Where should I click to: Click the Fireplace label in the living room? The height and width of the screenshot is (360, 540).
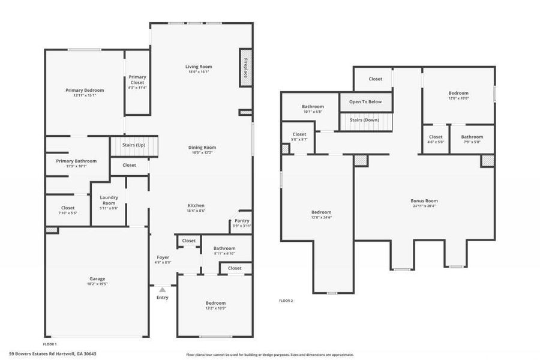[x=245, y=67]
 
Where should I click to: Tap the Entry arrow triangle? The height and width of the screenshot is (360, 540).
[x=162, y=290]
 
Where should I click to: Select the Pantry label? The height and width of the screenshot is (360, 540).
[x=242, y=221]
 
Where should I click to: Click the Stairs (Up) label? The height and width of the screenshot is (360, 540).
[x=133, y=145]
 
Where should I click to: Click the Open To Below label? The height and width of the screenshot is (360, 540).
[x=365, y=102]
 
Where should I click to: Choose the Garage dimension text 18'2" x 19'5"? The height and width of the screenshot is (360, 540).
[x=97, y=284]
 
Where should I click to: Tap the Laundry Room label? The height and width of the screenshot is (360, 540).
[x=109, y=200]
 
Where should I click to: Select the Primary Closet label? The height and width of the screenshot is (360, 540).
[x=137, y=79]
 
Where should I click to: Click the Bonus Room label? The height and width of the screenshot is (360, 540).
[x=424, y=201]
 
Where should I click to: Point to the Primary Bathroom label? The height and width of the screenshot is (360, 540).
[x=76, y=161]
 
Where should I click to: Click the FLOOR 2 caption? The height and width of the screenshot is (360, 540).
[x=286, y=301]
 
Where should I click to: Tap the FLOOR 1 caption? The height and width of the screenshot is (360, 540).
[x=50, y=344]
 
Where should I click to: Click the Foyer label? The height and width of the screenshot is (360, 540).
[x=163, y=257]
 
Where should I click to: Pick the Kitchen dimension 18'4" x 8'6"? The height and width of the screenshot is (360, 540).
[x=196, y=211]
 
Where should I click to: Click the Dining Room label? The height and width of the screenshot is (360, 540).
[x=201, y=147]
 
